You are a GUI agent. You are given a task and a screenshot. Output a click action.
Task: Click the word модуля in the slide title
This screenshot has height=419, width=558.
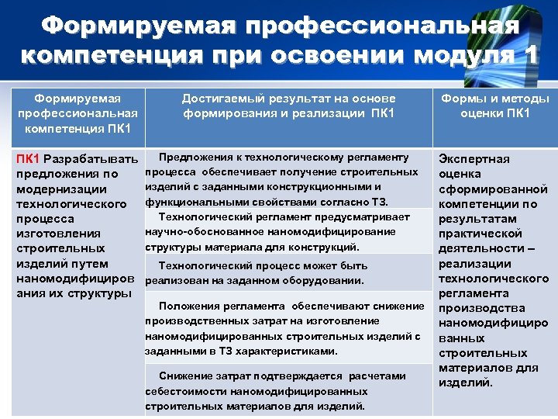(x=467, y=57)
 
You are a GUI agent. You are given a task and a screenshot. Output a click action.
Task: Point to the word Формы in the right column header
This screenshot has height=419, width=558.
(x=463, y=99)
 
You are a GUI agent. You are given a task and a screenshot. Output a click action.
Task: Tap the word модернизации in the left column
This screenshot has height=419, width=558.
(x=59, y=189)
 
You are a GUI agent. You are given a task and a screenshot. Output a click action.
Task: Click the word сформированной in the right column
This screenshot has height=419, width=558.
(x=493, y=189)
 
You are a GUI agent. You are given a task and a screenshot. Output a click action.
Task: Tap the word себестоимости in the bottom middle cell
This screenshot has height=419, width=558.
(x=184, y=392)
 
